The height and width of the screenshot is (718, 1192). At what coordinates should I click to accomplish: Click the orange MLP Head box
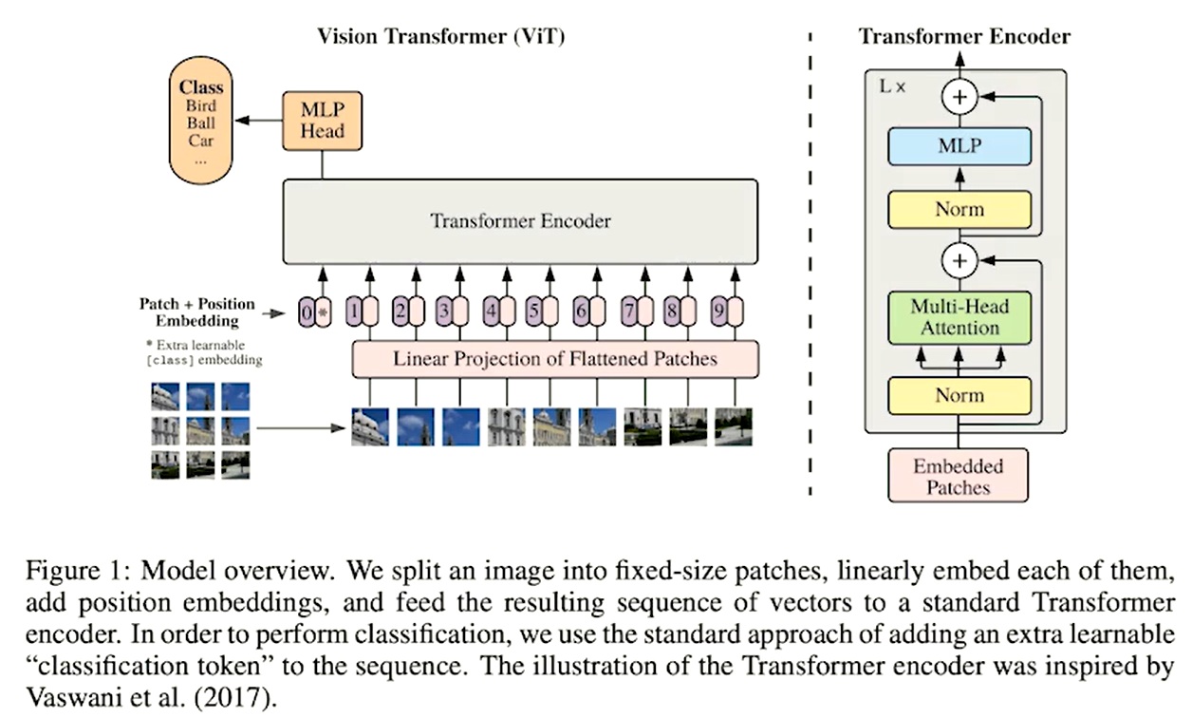coord(322,121)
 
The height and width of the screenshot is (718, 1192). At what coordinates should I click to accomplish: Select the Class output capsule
coord(200,121)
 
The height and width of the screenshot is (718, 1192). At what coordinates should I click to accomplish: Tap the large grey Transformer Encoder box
coord(520,221)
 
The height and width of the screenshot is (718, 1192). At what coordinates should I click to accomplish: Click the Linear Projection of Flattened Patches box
coord(555,359)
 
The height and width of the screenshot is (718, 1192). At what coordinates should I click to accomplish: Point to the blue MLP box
coord(959,145)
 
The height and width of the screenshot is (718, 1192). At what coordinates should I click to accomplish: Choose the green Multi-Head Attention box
coord(959,317)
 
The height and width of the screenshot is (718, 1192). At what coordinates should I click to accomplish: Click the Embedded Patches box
coord(958,476)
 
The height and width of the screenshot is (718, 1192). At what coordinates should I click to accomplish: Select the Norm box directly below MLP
coord(959,209)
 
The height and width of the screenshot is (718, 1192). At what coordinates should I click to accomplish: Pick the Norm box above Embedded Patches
coord(959,395)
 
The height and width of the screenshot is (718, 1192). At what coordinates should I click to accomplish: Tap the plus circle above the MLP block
coord(959,97)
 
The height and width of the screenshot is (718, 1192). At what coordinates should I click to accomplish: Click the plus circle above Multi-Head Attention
coord(959,260)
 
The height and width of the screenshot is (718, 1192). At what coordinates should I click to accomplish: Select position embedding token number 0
coord(307,312)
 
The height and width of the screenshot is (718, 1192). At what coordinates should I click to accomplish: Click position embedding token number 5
coord(533,312)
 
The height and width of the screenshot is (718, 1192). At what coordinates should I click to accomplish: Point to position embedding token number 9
coord(719,312)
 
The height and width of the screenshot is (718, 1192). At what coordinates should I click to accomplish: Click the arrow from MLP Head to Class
coord(259,120)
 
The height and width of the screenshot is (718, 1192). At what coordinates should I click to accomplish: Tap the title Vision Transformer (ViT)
coord(441,36)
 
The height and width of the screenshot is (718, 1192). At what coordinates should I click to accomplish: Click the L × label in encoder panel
coord(892,86)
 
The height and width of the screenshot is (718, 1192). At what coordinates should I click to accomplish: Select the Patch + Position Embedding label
coord(197,312)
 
